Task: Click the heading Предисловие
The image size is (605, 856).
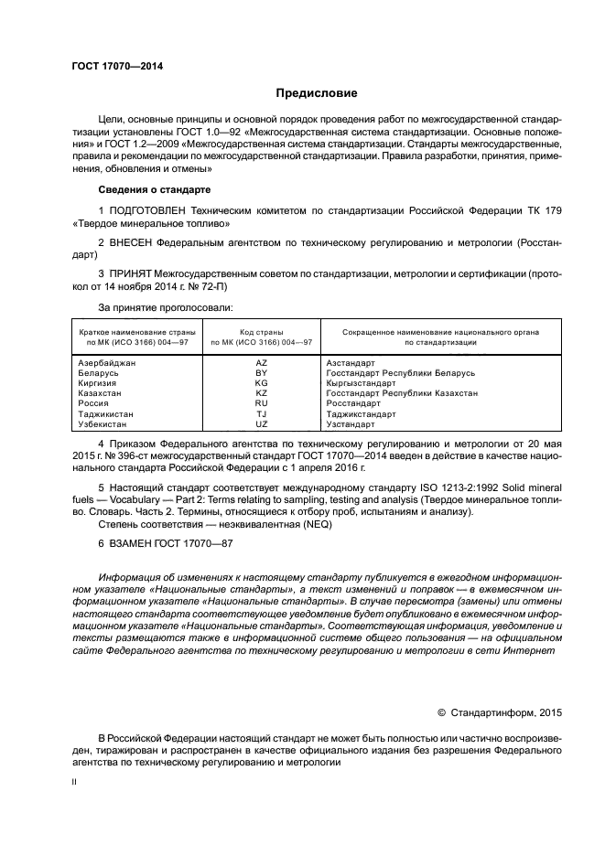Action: (x=317, y=93)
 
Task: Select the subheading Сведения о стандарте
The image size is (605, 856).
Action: (x=154, y=189)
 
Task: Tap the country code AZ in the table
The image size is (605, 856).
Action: (x=261, y=363)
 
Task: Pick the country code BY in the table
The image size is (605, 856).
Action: (x=261, y=373)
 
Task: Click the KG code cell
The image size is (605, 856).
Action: (x=261, y=383)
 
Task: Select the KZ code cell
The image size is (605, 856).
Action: (x=261, y=393)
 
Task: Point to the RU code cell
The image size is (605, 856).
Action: (x=261, y=403)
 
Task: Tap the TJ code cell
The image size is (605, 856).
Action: (x=261, y=414)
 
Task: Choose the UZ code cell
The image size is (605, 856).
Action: (x=261, y=424)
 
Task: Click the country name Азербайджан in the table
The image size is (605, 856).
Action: (x=107, y=363)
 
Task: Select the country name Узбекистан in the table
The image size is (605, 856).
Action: (x=104, y=424)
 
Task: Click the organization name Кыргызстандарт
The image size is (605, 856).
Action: (x=361, y=383)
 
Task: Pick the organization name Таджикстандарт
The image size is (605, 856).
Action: (x=361, y=414)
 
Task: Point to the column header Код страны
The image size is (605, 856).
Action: (x=261, y=332)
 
